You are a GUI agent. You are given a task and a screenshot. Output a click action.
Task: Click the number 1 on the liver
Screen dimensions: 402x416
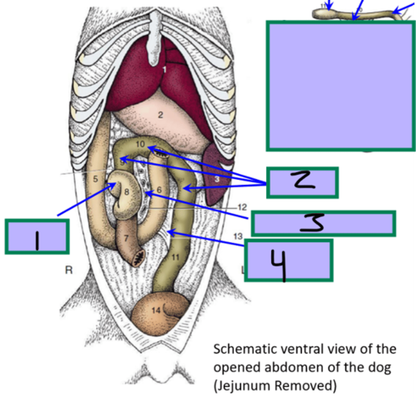point(164,69)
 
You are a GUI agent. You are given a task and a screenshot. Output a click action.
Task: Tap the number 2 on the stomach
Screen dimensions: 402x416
point(160,115)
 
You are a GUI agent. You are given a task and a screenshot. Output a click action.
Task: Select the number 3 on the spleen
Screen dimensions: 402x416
point(217,179)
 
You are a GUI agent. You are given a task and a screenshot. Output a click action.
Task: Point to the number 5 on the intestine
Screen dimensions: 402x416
point(95,179)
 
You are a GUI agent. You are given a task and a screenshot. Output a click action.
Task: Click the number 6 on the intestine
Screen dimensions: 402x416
point(159,190)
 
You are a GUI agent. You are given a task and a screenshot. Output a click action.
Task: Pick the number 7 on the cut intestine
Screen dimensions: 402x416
point(126,238)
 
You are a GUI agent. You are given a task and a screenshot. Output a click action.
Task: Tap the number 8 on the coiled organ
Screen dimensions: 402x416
point(126,192)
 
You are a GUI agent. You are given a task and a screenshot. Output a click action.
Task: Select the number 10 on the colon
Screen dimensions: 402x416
point(140,144)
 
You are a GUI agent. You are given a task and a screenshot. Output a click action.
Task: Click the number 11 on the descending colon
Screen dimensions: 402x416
point(176,257)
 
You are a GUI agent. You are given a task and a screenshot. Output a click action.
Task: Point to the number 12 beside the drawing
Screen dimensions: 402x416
point(242,207)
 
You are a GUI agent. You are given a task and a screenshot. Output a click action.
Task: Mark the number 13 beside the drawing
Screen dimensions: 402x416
point(238,236)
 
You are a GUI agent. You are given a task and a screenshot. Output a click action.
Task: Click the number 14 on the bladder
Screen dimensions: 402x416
point(156,310)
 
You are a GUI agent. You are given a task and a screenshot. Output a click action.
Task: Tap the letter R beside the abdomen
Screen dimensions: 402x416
point(69,270)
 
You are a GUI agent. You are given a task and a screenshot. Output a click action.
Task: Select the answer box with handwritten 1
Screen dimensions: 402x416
point(37,237)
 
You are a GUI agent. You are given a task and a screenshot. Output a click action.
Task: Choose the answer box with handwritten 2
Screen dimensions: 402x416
point(302,183)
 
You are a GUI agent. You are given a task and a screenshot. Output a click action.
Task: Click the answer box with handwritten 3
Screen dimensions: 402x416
point(323,223)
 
